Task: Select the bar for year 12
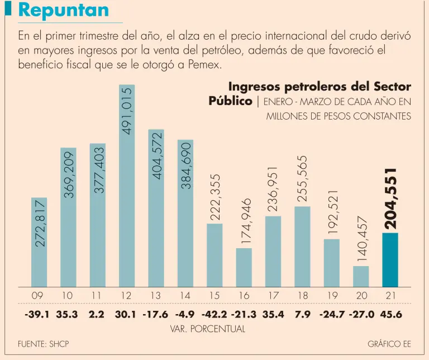(127, 190)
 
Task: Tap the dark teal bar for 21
(390, 260)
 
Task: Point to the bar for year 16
(244, 267)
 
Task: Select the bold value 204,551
(390, 198)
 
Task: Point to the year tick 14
(185, 295)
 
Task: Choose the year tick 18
(302, 295)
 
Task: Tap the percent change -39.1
(37, 314)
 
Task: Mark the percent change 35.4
(273, 314)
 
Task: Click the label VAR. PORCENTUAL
(207, 329)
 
